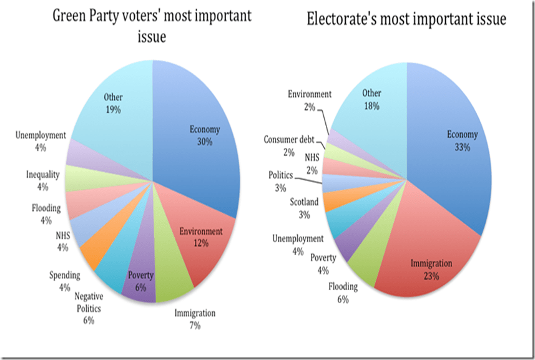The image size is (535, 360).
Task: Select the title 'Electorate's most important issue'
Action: coord(406,20)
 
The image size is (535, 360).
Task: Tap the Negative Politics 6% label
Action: coord(89,308)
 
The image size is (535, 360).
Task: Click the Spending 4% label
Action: coord(65,280)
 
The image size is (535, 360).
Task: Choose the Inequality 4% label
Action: coord(43,180)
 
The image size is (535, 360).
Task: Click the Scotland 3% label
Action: coord(304,208)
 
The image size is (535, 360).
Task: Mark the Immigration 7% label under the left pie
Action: coord(195,318)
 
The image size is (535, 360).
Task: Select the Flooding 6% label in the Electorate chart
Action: coord(344,292)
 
